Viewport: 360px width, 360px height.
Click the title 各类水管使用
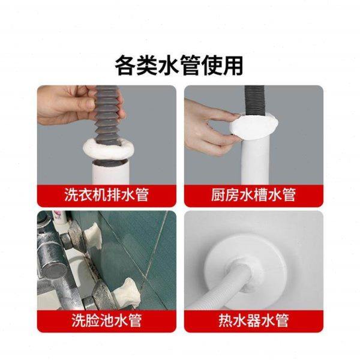pyautogui.click(x=179, y=63)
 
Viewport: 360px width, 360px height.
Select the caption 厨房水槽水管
pyautogui.click(x=253, y=195)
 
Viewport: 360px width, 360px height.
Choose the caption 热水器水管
pyautogui.click(x=253, y=320)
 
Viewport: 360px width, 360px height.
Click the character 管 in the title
pyautogui.click(x=197, y=63)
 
